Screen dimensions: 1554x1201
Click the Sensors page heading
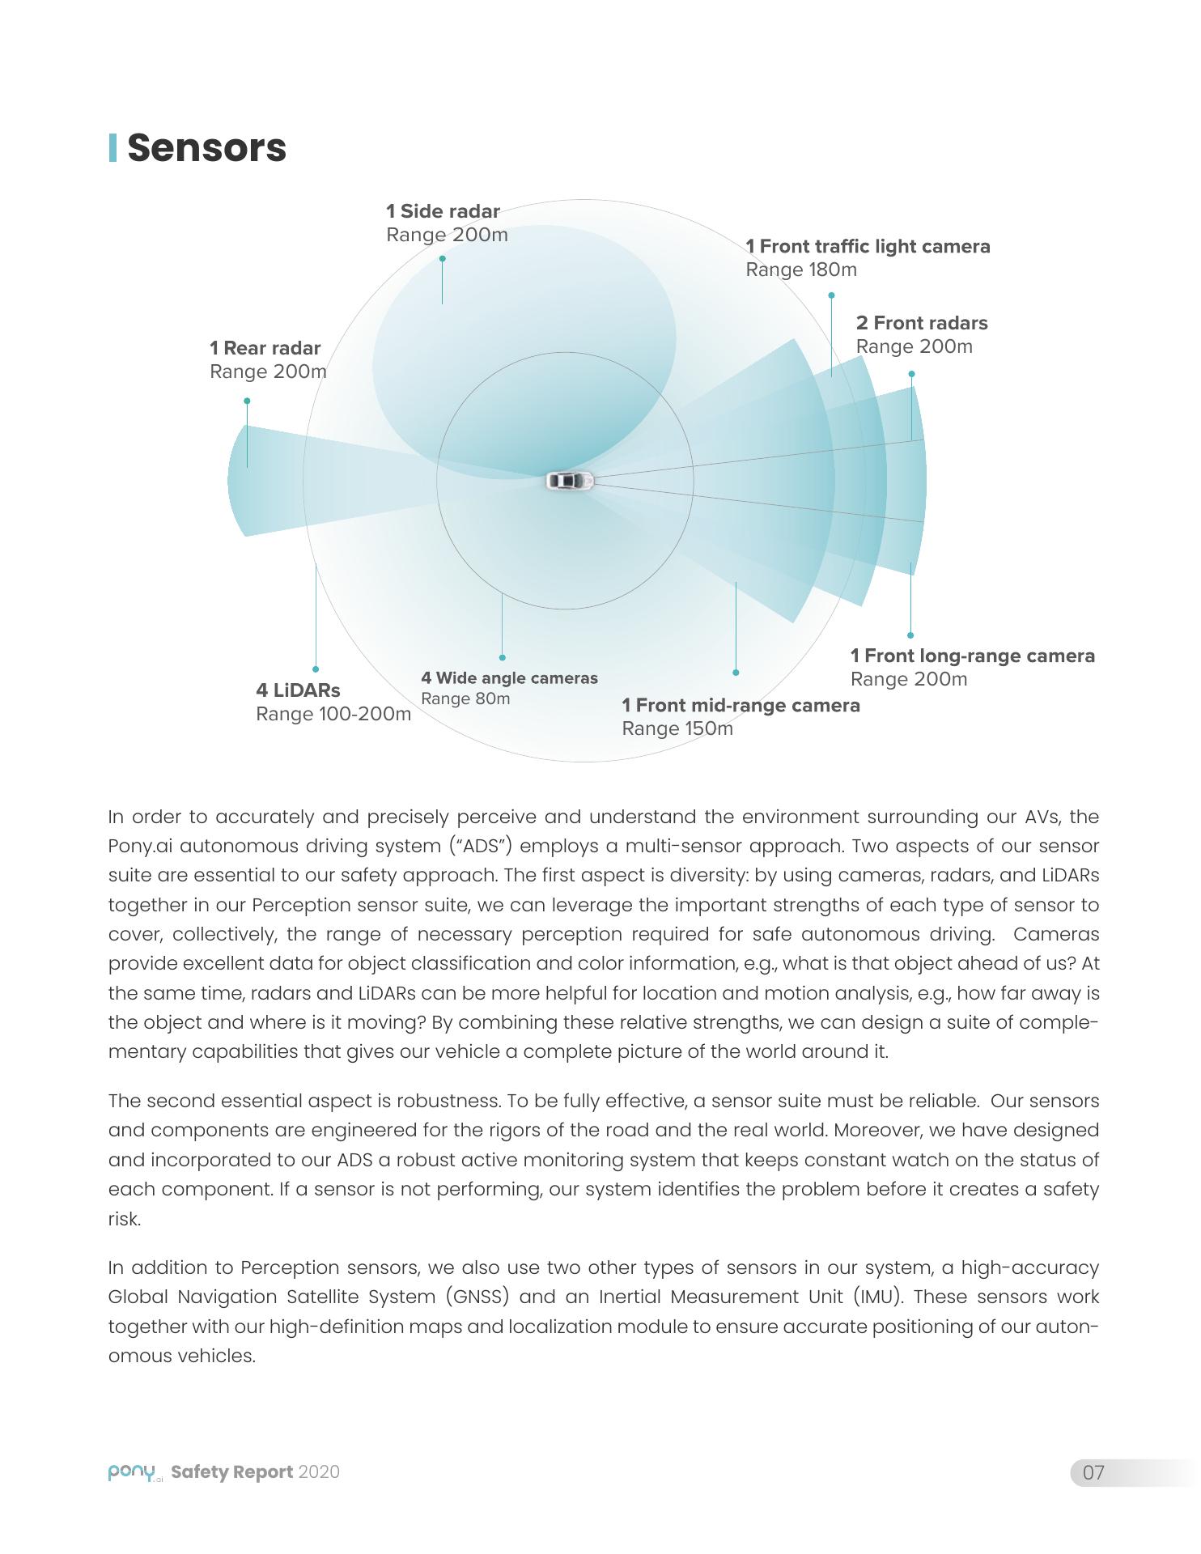point(206,148)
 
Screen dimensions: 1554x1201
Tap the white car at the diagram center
point(570,481)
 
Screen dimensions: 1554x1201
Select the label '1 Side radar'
point(443,211)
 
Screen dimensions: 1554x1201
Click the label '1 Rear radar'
point(265,348)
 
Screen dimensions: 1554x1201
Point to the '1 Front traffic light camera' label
point(868,246)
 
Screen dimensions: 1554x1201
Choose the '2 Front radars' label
point(922,323)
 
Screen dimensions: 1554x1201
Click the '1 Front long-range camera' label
point(972,656)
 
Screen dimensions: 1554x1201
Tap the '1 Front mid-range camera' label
point(741,705)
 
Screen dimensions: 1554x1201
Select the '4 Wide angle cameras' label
point(509,678)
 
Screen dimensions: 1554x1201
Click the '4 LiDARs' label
point(298,690)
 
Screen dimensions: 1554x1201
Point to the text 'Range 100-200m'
point(333,714)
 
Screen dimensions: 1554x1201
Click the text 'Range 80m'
point(465,698)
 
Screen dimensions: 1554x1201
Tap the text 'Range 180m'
point(801,270)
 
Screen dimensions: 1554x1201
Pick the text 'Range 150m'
point(677,728)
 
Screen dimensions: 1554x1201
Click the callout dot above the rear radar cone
point(247,401)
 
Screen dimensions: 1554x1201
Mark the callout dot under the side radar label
point(442,259)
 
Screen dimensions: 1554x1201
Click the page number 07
point(1093,1472)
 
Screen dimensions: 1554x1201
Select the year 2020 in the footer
point(319,1472)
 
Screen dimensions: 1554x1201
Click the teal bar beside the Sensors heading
point(112,147)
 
